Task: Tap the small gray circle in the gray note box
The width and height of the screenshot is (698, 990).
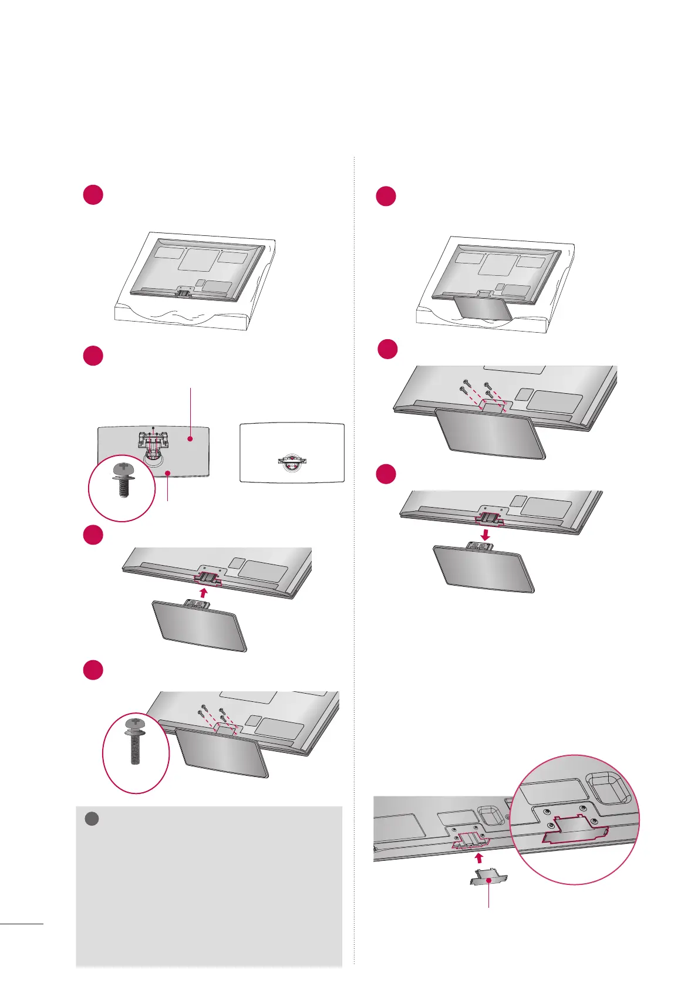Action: [x=92, y=819]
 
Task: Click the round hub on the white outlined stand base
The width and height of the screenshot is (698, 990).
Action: [x=292, y=461]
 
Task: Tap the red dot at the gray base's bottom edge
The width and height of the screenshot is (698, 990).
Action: [x=168, y=472]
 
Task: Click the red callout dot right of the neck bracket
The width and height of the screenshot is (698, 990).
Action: [x=190, y=438]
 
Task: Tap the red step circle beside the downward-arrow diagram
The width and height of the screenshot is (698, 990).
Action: [x=386, y=474]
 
